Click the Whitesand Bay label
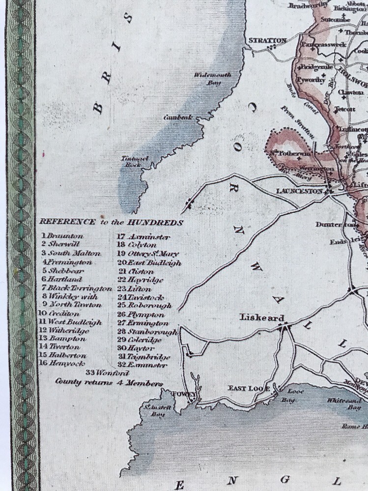click(x=344, y=404)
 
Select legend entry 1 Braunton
click(x=62, y=236)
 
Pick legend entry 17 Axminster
click(x=143, y=237)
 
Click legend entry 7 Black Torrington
click(x=77, y=288)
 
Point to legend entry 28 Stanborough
click(x=147, y=332)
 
